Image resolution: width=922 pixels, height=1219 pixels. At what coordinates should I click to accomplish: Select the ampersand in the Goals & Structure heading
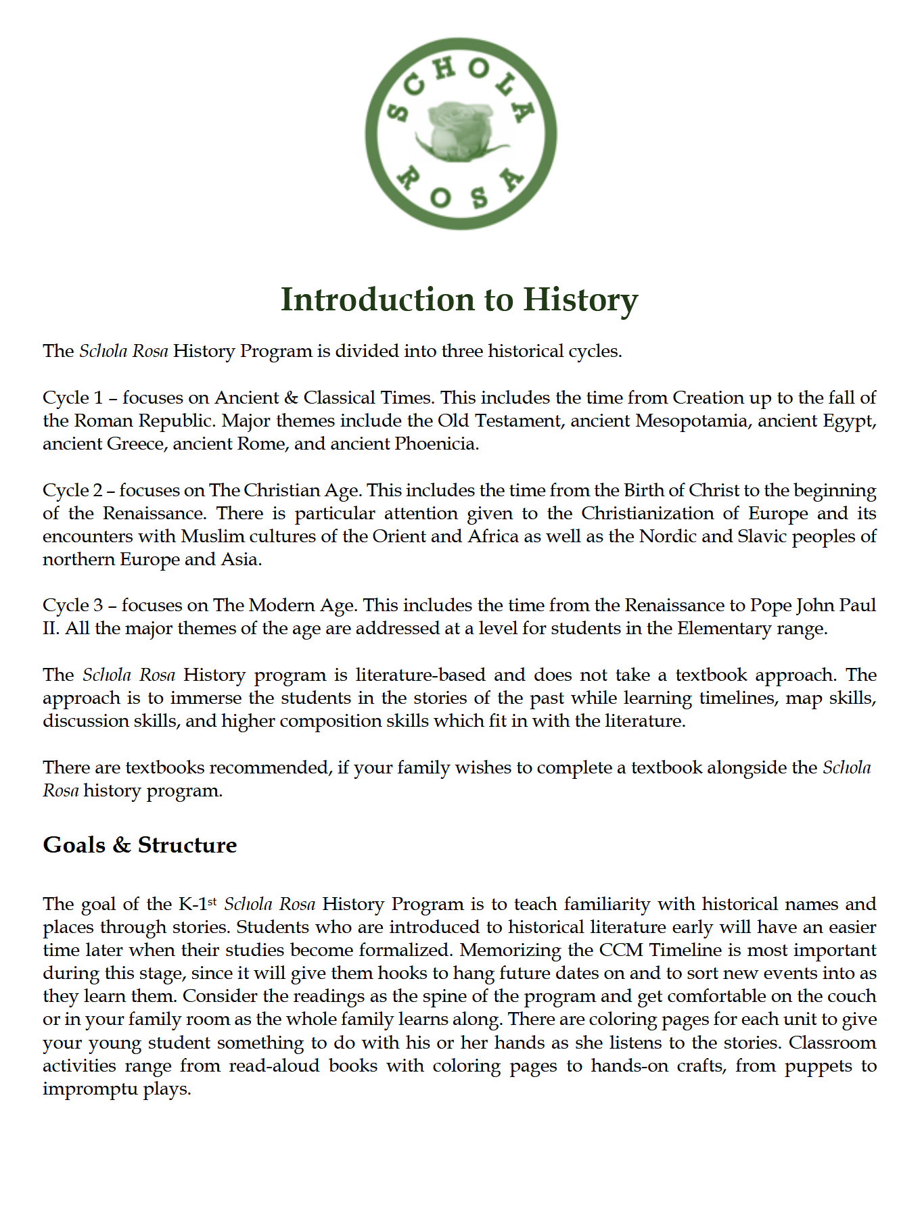[122, 845]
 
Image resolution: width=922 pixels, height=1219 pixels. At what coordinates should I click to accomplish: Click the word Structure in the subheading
[187, 845]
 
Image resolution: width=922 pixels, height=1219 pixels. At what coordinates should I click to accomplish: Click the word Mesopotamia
[691, 421]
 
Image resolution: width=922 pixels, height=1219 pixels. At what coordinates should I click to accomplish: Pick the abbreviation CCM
[620, 950]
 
